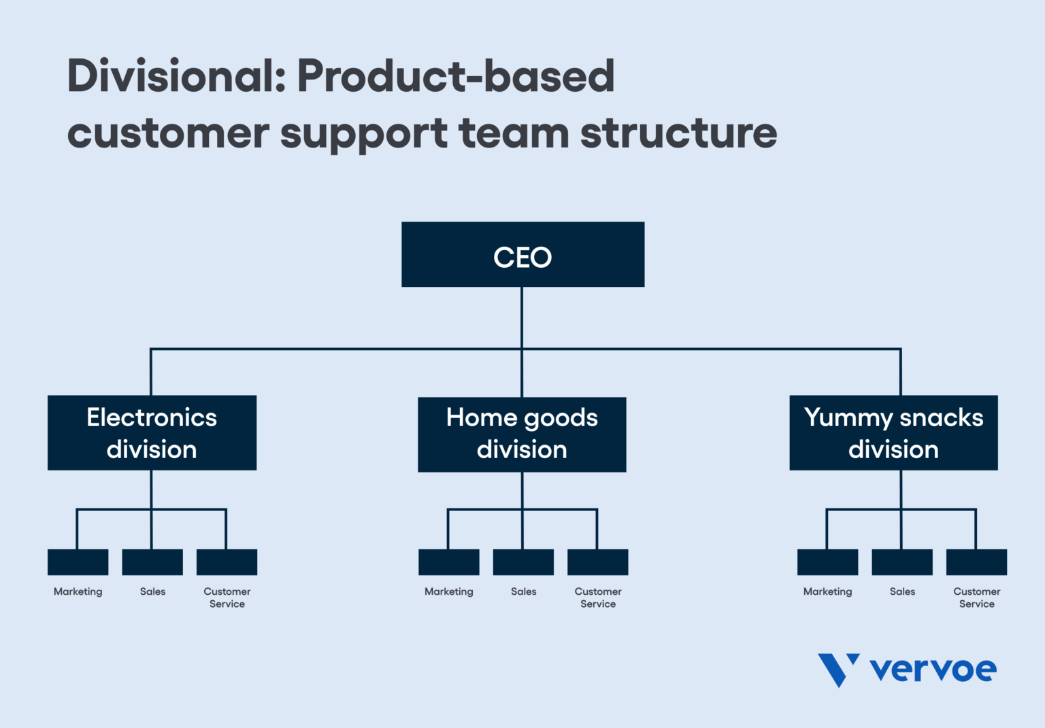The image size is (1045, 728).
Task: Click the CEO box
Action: coord(522,254)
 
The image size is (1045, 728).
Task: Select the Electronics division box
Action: coord(152,433)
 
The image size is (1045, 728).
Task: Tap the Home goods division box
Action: coord(522,434)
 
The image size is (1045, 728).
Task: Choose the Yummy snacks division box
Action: coord(893,433)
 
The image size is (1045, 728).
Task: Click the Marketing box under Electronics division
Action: coord(78,562)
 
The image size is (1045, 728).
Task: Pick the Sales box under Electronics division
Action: coord(152,562)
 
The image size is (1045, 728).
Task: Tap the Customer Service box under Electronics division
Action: coord(227,562)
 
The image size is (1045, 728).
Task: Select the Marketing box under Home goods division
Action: coord(448,562)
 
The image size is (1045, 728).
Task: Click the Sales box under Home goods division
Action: coord(523,562)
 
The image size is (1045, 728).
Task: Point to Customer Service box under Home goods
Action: coord(597,562)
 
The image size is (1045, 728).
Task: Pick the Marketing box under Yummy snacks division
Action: coord(827,562)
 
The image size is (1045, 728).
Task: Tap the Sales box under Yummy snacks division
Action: coord(901,562)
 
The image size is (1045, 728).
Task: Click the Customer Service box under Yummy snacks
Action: coord(976,562)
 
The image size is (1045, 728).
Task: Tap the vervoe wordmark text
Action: coord(933,670)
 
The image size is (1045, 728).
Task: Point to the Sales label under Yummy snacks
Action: coord(902,592)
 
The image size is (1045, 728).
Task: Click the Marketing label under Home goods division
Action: coord(448,592)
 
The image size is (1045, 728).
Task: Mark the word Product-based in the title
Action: coord(456,76)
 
